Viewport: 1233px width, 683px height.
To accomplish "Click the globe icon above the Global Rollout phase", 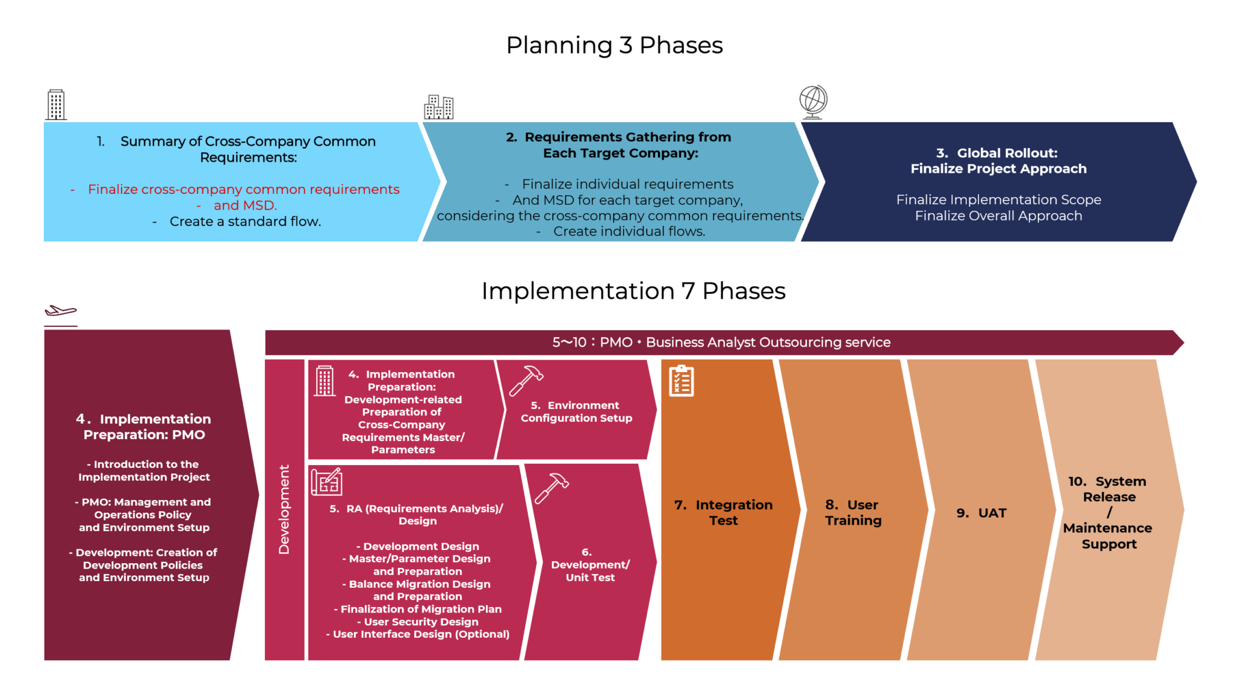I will click(x=813, y=101).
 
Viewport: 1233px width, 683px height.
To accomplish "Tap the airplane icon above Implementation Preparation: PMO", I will click(x=60, y=311).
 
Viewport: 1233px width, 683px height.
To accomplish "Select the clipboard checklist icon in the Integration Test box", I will click(x=681, y=381).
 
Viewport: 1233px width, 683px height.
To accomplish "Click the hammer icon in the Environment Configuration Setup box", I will click(x=526, y=380).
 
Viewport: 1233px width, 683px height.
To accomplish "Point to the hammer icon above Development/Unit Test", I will click(x=551, y=487).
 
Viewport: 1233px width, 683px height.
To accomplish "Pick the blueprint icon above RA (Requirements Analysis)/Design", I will click(x=326, y=481).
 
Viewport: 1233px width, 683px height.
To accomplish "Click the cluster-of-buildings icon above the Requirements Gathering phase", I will click(x=438, y=107).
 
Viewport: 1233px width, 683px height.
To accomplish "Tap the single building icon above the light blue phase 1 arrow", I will click(x=56, y=105).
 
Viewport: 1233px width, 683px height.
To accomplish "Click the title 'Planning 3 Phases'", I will click(x=614, y=45).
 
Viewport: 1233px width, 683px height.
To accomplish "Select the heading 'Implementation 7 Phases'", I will click(x=633, y=291).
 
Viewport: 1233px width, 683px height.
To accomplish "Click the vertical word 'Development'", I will click(x=284, y=510).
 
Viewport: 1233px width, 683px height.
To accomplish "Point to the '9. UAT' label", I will click(x=981, y=513).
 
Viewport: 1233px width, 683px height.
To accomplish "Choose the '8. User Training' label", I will click(x=853, y=513).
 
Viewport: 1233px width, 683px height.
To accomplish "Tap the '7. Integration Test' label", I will click(x=723, y=513).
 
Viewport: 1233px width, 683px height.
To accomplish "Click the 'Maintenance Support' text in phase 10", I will click(x=1108, y=536).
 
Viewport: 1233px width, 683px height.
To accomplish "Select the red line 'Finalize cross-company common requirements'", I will click(x=243, y=189).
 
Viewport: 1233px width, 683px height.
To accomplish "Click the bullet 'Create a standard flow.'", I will click(x=245, y=221).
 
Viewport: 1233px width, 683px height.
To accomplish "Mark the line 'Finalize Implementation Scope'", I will click(x=998, y=199).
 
